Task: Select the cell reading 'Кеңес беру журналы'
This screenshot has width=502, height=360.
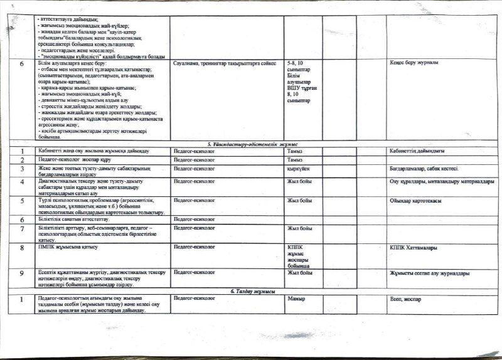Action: pyautogui.click(x=414, y=63)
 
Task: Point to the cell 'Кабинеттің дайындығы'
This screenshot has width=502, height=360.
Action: pyautogui.click(x=417, y=151)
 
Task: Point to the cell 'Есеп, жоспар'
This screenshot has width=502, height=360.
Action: pyautogui.click(x=405, y=299)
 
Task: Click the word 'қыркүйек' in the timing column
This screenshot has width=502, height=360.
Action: pyautogui.click(x=299, y=169)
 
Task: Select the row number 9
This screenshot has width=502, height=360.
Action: pyautogui.click(x=22, y=274)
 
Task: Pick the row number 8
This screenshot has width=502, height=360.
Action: pyautogui.click(x=22, y=248)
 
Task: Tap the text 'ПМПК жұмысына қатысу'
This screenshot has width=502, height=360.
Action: pyautogui.click(x=68, y=247)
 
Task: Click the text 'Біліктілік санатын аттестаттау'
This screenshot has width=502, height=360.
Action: pyautogui.click(x=77, y=220)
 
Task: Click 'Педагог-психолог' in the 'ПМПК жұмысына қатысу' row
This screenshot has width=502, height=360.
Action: pyautogui.click(x=194, y=247)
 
